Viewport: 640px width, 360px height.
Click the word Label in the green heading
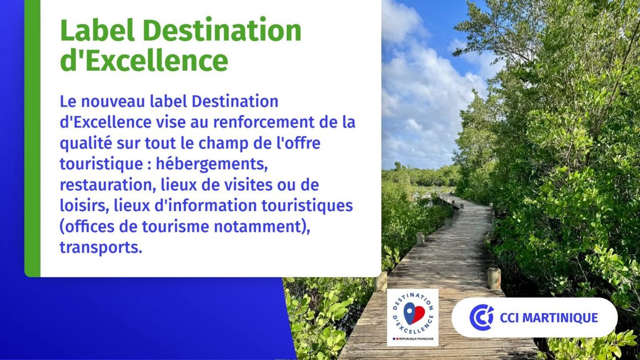coord(97,30)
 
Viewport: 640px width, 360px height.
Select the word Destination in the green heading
coord(222,30)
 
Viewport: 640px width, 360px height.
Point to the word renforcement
coord(265,122)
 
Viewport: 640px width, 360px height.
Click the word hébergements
coord(212,164)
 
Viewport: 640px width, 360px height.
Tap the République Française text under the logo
coord(416,339)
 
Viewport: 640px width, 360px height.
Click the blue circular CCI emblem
coord(482,317)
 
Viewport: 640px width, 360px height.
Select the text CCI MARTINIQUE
coord(549,318)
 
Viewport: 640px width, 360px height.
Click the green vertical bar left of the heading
coord(33,138)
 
